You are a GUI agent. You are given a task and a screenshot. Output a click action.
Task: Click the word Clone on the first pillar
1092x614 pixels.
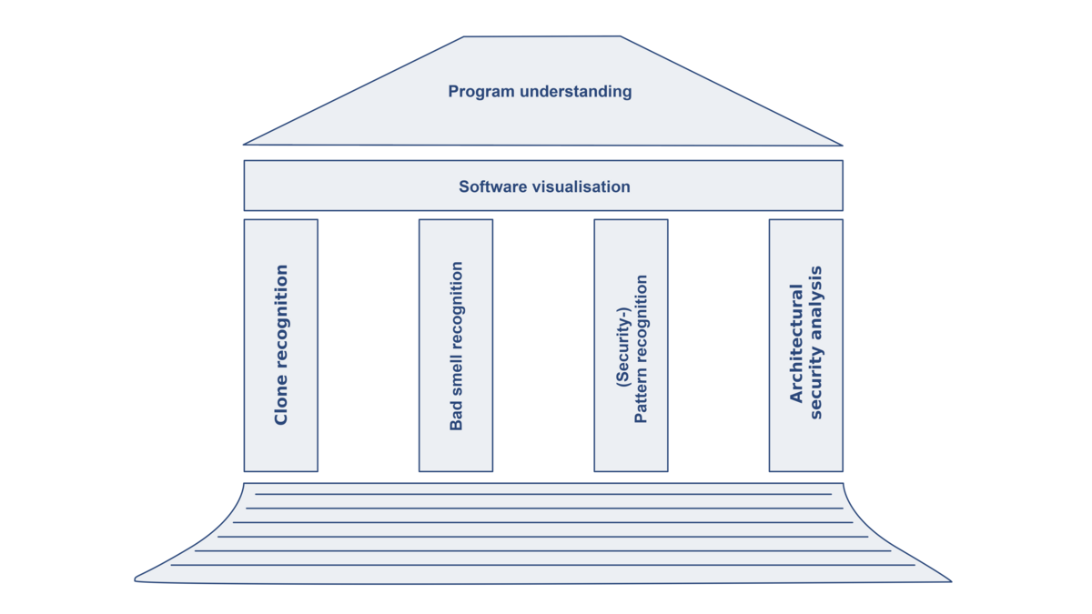click(281, 403)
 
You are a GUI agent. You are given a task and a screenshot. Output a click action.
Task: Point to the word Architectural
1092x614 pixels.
click(797, 344)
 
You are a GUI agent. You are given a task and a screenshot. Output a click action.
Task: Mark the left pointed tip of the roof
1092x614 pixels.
click(244, 144)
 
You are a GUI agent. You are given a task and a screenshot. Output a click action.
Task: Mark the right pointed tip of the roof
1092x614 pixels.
click(843, 144)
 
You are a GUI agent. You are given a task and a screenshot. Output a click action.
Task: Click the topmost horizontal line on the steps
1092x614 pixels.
click(543, 494)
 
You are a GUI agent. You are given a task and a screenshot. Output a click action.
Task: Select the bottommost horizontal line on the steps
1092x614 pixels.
click(543, 565)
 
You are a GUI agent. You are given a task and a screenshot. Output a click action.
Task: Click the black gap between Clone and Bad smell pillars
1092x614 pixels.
click(368, 346)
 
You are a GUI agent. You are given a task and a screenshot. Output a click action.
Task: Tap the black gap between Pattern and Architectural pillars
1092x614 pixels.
click(718, 346)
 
